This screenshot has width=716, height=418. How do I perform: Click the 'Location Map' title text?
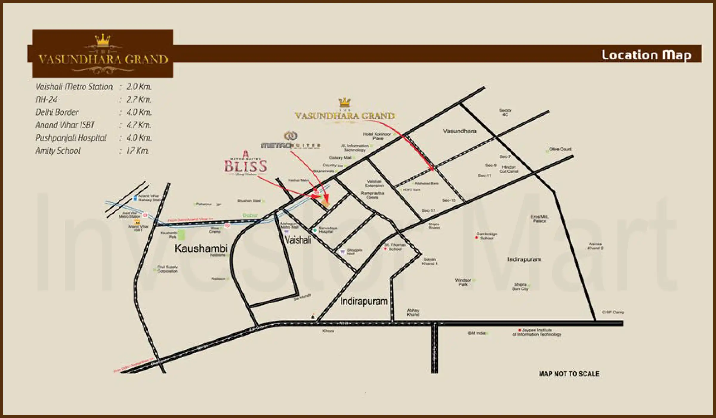(x=646, y=55)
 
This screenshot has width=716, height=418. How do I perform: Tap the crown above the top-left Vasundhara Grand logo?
(x=103, y=41)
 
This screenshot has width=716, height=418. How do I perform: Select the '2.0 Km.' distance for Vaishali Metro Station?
(x=139, y=87)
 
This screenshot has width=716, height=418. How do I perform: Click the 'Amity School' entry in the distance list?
(x=58, y=151)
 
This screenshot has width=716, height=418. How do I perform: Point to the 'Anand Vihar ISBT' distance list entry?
(x=65, y=125)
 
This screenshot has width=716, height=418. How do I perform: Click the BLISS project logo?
(x=245, y=166)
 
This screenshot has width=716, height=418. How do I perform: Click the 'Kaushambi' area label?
(x=201, y=248)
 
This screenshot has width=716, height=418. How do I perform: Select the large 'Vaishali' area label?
(x=298, y=239)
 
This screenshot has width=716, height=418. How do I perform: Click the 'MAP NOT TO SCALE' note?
(x=569, y=374)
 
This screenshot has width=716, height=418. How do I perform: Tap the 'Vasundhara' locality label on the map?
(x=459, y=131)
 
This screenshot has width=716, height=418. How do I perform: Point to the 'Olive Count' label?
(x=560, y=149)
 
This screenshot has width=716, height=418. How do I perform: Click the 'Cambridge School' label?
(x=487, y=236)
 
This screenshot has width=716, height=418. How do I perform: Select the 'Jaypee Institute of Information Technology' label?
(x=537, y=332)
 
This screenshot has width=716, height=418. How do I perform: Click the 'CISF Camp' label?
(x=613, y=312)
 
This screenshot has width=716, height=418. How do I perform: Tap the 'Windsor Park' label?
(x=463, y=282)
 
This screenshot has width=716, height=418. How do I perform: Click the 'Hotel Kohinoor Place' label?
(x=377, y=136)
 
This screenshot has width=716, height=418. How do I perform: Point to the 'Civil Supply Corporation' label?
(x=167, y=269)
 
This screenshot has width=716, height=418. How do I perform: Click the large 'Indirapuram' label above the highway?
(x=364, y=301)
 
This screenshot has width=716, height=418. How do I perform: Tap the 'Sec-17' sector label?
(x=428, y=210)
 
